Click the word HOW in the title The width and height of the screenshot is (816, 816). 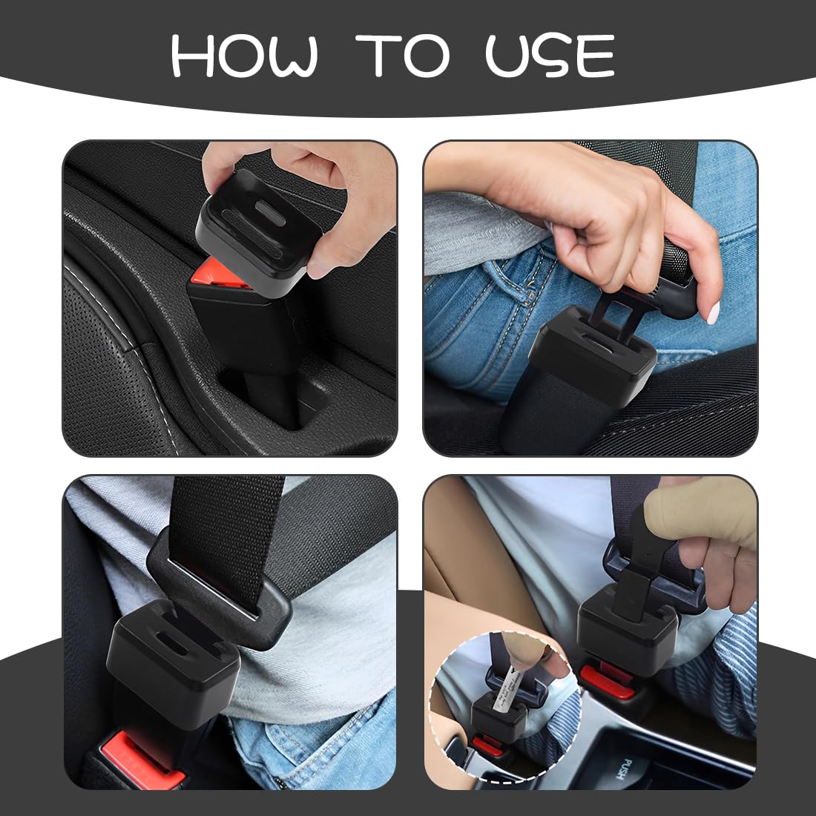[x=244, y=55]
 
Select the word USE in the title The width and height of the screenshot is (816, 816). [x=550, y=55]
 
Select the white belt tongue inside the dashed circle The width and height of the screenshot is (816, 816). [x=507, y=688]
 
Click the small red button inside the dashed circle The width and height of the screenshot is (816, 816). [x=487, y=746]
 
